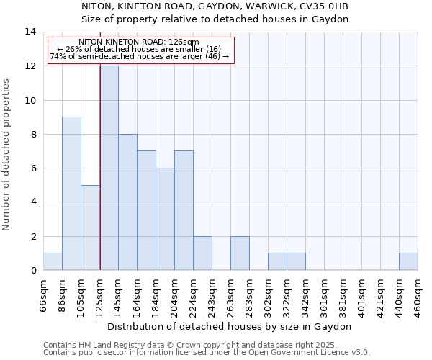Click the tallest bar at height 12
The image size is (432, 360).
click(x=109, y=168)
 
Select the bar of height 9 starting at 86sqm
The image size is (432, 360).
click(x=71, y=194)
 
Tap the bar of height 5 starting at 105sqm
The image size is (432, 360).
click(x=90, y=228)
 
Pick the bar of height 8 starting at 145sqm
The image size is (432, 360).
click(x=127, y=202)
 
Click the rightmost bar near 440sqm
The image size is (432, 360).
click(x=408, y=261)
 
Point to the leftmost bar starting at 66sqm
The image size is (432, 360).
click(x=53, y=261)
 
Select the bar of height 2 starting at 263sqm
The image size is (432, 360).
click(x=240, y=253)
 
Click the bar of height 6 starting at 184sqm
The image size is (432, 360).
click(x=165, y=219)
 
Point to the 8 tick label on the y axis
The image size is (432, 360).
click(x=32, y=134)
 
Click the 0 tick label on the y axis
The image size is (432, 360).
click(x=32, y=270)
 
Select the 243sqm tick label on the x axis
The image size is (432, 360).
click(x=212, y=295)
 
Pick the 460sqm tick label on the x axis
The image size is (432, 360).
click(x=418, y=295)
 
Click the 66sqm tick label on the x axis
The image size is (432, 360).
click(x=44, y=294)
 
